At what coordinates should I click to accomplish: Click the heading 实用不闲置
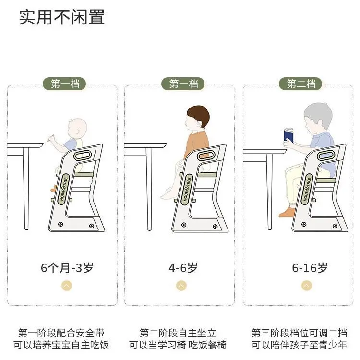point(62,17)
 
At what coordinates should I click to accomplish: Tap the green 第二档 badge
point(300,84)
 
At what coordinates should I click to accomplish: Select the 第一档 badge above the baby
point(64,84)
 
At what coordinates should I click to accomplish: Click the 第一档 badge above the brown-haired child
point(183,84)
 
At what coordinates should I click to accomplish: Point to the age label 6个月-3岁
point(67,268)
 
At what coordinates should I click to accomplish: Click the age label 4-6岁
point(183,268)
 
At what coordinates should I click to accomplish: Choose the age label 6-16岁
point(310,268)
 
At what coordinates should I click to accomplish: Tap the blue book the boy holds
point(289,135)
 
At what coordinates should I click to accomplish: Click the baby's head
point(77,129)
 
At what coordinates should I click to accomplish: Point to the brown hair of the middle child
point(199,116)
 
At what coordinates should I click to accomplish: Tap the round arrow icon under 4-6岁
point(181,286)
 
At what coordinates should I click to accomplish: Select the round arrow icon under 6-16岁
point(307,286)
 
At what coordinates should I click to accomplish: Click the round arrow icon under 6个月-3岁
point(67,286)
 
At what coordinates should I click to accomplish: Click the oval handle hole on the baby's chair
point(83,156)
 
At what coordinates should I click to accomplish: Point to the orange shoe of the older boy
point(287,213)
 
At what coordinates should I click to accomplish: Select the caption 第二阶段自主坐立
point(178,333)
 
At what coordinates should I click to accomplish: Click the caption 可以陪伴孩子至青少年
point(299,345)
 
